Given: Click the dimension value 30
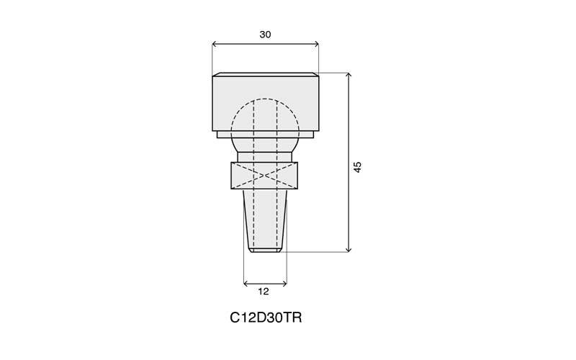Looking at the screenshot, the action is click(x=265, y=35).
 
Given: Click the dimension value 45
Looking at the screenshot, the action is click(x=357, y=167).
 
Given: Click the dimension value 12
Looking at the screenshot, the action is click(x=264, y=292).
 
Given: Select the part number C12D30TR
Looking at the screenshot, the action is click(x=266, y=318).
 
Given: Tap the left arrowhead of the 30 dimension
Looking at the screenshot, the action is click(x=215, y=45).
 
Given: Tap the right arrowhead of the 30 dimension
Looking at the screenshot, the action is click(x=316, y=45).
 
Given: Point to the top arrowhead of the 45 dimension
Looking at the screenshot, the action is click(x=349, y=75).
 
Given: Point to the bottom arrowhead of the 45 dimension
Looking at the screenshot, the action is click(x=349, y=250).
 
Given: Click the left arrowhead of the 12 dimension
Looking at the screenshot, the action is click(x=246, y=284).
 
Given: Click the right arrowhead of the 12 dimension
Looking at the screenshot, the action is click(x=284, y=284).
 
